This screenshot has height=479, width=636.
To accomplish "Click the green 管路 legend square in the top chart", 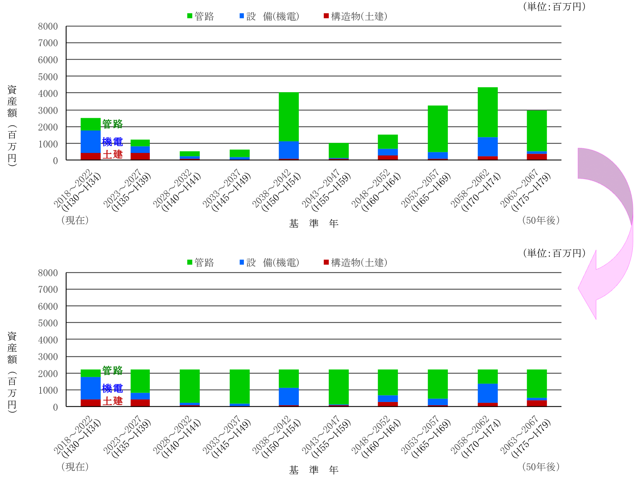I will point(190,16).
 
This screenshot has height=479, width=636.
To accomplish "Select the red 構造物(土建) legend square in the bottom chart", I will point(326,262).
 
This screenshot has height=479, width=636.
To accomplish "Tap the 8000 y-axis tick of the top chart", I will point(48,26).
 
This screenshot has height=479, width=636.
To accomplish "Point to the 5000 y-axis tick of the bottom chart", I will point(48,323).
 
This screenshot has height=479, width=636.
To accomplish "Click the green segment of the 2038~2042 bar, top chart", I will point(289,117).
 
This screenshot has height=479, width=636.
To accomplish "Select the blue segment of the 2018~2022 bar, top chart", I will point(90,142).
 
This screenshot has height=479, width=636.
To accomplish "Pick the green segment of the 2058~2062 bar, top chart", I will point(488,112).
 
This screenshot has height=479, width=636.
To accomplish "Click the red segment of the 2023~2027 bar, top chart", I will point(140,156).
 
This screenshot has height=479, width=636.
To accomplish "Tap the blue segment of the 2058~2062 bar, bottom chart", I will point(488,393).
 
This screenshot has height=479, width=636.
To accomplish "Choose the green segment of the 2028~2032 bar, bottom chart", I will point(190,386).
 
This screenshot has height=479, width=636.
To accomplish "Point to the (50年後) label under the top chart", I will point(541,220).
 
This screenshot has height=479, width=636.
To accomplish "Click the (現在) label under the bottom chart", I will point(75,466).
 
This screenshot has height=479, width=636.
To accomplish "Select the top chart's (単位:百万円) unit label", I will point(554,7).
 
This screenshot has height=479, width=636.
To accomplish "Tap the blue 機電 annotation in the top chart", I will point(113,142).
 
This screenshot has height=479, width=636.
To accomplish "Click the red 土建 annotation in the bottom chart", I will point(113,401).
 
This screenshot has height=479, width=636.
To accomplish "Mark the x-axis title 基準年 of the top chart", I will point(314,223).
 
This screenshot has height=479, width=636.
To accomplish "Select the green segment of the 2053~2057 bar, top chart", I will point(438,129).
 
